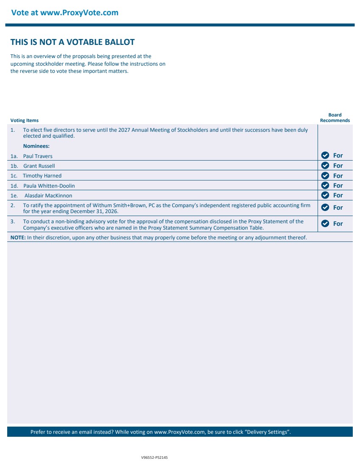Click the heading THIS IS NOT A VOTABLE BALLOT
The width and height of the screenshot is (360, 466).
(73, 42)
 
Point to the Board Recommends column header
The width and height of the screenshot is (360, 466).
(335, 118)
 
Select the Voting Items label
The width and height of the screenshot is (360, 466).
(24, 121)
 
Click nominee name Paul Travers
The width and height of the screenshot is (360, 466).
(38, 156)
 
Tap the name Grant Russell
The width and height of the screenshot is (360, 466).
(39, 166)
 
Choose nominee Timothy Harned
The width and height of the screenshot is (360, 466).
(42, 176)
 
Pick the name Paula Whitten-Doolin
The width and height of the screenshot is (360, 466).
(49, 186)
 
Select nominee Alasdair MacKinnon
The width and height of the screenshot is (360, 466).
(48, 196)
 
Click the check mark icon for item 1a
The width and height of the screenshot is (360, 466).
(325, 155)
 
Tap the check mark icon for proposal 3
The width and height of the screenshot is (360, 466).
(325, 224)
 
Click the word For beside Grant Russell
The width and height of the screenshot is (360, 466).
(338, 166)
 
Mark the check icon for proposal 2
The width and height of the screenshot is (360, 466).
(325, 208)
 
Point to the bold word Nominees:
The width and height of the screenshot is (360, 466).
(36, 146)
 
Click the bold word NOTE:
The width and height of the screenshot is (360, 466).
(18, 238)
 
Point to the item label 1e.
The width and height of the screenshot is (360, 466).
(14, 196)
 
